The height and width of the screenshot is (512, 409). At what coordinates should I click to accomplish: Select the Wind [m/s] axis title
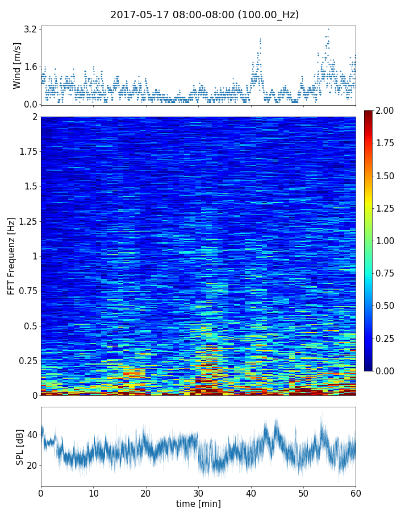pyautogui.click(x=17, y=65)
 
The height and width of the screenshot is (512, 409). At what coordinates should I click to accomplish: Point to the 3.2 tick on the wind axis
pyautogui.click(x=31, y=29)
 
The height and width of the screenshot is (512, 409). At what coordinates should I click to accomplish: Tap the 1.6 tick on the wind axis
pyautogui.click(x=31, y=67)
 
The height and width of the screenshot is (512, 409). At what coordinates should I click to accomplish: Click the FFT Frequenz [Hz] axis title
pyautogui.click(x=11, y=255)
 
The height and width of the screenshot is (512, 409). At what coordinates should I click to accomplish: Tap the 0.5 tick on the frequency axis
pyautogui.click(x=30, y=326)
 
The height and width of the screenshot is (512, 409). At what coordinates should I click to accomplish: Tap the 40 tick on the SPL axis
pyautogui.click(x=32, y=435)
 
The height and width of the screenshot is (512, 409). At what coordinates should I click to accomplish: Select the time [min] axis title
pyautogui.click(x=198, y=503)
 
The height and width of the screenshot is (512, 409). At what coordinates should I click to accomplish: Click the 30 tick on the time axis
pyautogui.click(x=198, y=492)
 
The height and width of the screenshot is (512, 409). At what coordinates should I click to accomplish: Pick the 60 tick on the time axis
pyautogui.click(x=356, y=492)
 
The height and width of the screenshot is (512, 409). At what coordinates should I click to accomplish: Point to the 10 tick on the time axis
pyautogui.click(x=93, y=492)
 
